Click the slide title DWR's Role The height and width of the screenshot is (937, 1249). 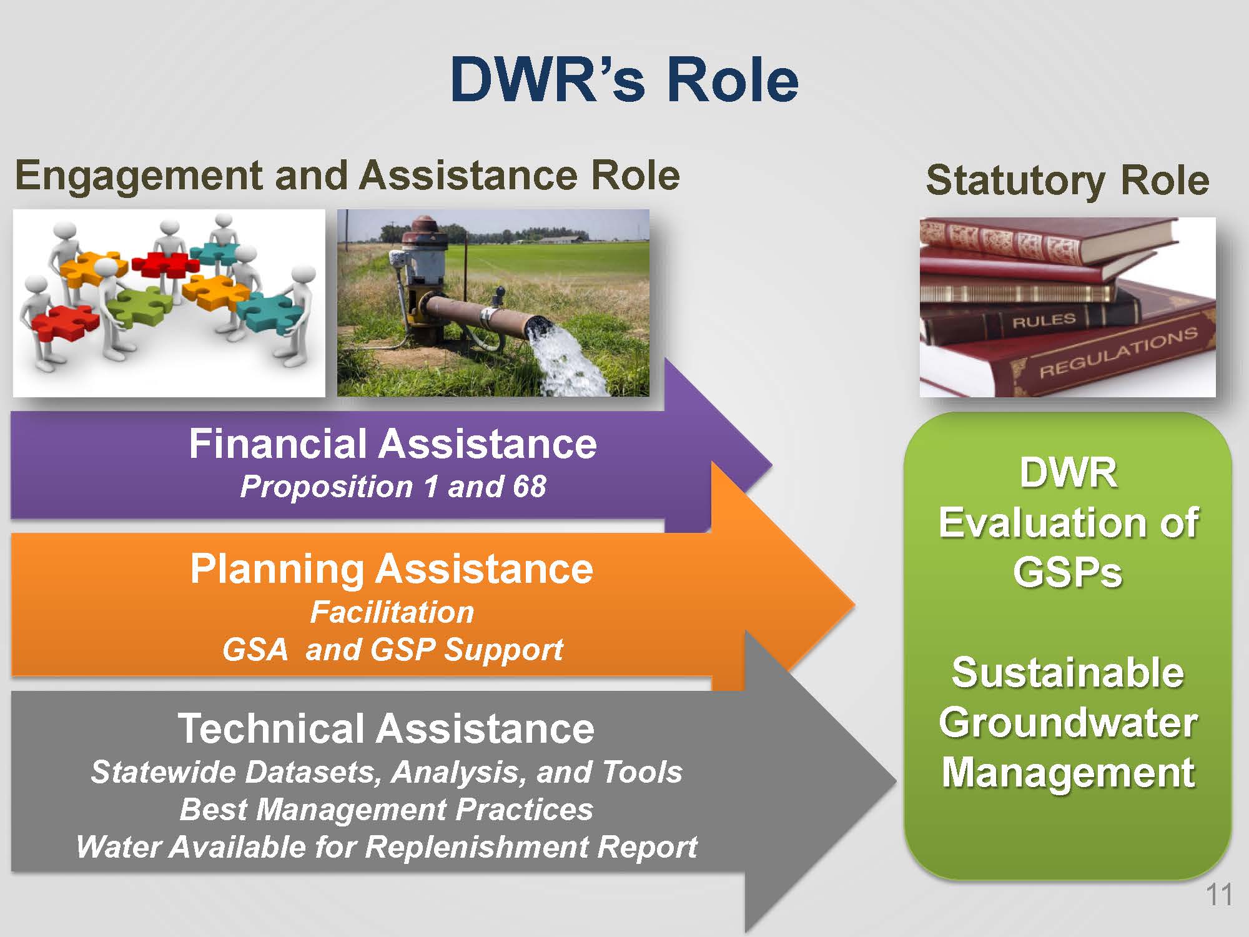(x=624, y=79)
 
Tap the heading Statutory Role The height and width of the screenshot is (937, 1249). (x=1067, y=181)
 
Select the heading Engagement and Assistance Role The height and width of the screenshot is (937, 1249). (x=347, y=176)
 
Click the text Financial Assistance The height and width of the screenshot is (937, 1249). (x=393, y=444)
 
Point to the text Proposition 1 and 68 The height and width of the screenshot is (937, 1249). (x=393, y=487)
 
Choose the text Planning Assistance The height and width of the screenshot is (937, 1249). (x=392, y=570)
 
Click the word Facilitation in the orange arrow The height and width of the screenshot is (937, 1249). (x=392, y=612)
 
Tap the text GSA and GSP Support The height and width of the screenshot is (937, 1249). (x=393, y=650)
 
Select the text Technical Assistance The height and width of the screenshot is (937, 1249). (x=386, y=728)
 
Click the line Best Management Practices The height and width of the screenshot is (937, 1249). (x=386, y=810)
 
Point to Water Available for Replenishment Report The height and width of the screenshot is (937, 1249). (x=386, y=847)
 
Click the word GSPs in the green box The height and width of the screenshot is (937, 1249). (x=1067, y=572)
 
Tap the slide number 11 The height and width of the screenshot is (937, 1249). (x=1218, y=895)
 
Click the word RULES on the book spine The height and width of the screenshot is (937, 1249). (x=1044, y=321)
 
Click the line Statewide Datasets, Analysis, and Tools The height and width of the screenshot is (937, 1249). (x=386, y=772)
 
